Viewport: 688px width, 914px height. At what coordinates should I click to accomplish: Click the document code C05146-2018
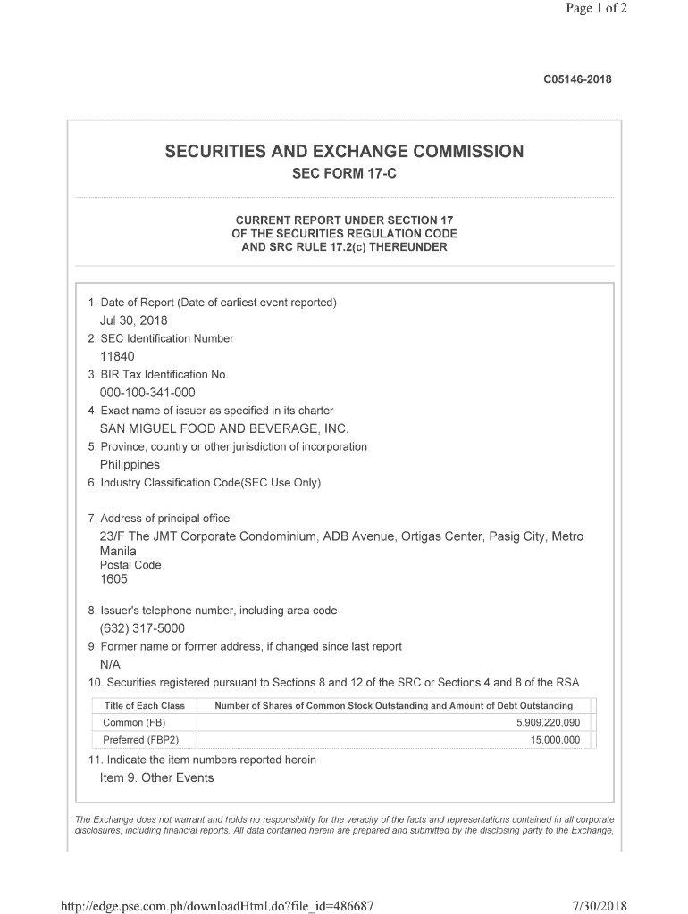[577, 79]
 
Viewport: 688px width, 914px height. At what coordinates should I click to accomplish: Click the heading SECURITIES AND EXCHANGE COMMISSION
[344, 151]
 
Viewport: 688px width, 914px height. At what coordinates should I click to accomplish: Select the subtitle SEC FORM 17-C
[344, 173]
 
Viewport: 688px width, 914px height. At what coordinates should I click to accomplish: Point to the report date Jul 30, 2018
[133, 320]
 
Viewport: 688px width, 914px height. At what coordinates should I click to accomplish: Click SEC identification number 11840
[117, 356]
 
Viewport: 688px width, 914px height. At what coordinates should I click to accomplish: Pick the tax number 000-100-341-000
[147, 393]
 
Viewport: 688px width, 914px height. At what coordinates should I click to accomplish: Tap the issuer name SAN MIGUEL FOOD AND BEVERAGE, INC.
[224, 428]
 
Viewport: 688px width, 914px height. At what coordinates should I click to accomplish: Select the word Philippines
[130, 465]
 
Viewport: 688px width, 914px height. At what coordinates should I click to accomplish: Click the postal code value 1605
[113, 579]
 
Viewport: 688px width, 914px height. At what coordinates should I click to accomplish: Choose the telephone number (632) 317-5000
[142, 628]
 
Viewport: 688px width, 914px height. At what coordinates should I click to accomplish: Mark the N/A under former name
[110, 665]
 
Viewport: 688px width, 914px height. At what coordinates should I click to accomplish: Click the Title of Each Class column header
[145, 705]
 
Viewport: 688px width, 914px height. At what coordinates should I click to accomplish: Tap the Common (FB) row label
[134, 722]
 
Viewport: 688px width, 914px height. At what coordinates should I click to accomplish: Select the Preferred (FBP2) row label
[141, 740]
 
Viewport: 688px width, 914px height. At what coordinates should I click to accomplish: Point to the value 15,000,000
[555, 740]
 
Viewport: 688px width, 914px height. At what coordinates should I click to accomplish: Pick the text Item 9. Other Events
[156, 777]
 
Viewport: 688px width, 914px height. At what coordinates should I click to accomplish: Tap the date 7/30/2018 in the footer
[600, 906]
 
